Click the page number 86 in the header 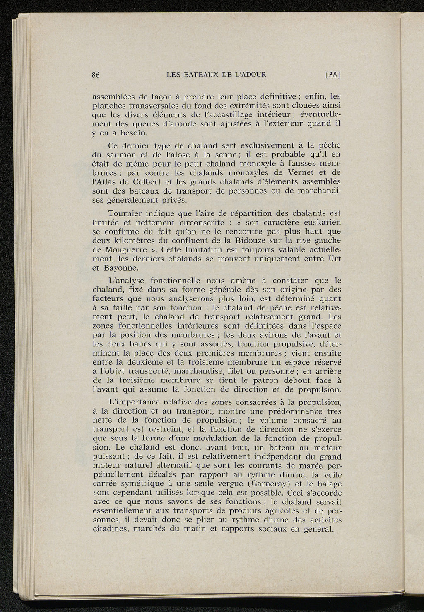[96, 75]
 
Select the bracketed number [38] [332, 75]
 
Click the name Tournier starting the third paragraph [126, 213]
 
